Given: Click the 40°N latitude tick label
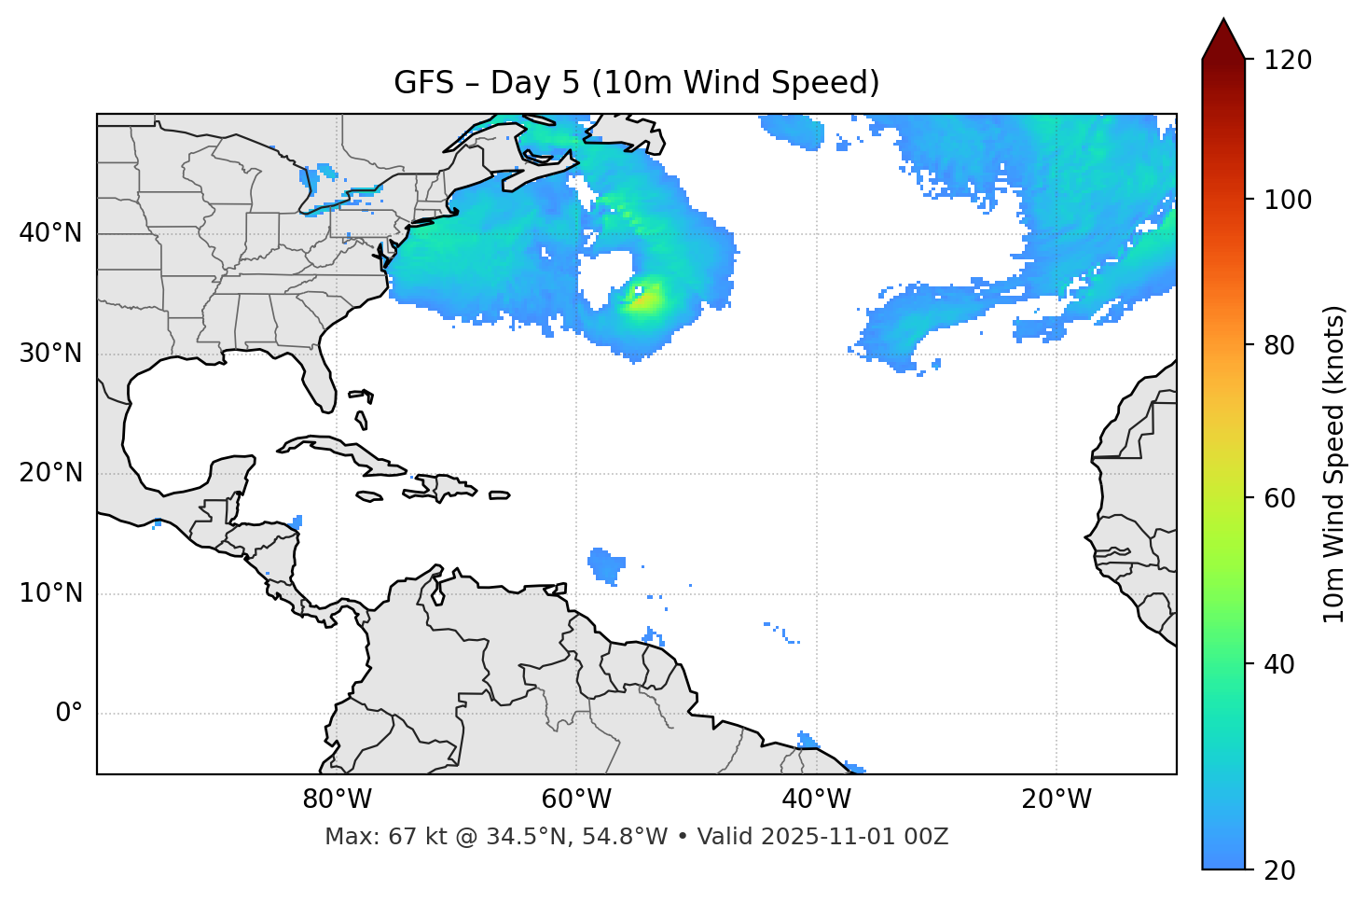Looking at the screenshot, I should point(50,233).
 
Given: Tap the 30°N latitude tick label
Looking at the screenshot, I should point(50,354).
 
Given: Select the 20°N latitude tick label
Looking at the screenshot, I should point(50,473).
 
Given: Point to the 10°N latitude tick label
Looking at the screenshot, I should point(50,593).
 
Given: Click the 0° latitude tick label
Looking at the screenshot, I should point(69,714).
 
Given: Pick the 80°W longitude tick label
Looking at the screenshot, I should point(337,800).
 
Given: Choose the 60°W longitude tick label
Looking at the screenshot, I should point(576,800).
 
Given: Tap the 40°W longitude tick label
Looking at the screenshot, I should point(817,800).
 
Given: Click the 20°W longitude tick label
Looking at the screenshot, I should point(1056,800).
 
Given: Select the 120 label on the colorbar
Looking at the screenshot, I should point(1288,60).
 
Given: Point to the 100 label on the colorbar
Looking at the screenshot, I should point(1288,200).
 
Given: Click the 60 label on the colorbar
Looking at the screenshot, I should point(1281,498).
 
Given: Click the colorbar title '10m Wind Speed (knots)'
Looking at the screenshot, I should point(1334,464).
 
